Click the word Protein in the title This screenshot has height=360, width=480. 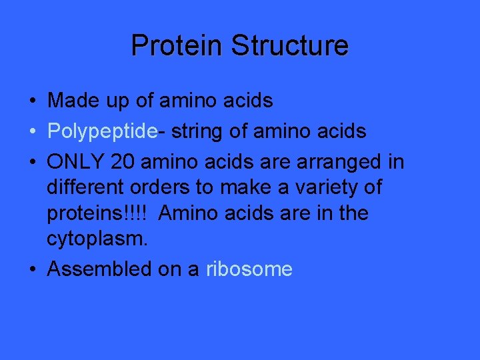[177, 45]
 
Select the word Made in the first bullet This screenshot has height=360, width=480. [71, 101]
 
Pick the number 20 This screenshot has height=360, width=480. [125, 162]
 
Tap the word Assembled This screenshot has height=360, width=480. [100, 269]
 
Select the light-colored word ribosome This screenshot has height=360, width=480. [249, 269]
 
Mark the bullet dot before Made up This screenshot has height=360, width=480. [32, 101]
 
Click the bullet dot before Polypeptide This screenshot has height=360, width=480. [32, 132]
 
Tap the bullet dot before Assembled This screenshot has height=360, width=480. [32, 270]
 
